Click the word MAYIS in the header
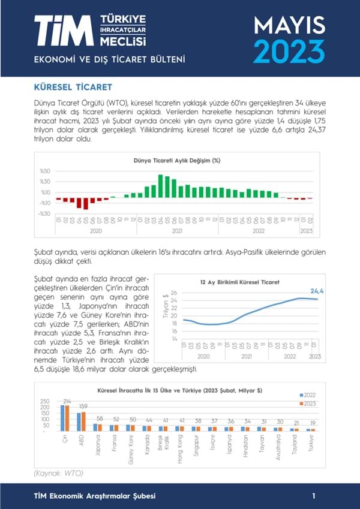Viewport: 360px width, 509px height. pos(289,25)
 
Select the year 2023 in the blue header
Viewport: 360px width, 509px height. pos(289,52)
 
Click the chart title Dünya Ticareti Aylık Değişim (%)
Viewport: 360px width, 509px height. pos(177,161)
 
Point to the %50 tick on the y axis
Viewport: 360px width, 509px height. pos(44,171)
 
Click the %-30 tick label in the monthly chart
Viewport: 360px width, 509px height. pos(43,213)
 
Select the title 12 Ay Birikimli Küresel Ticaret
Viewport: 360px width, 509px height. pos(241,281)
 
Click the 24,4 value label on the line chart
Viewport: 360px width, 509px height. pos(317,291)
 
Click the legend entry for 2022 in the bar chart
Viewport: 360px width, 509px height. pos(307,395)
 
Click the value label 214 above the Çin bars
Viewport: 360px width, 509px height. pos(67,401)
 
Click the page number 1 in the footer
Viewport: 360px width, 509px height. pos(314,496)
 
